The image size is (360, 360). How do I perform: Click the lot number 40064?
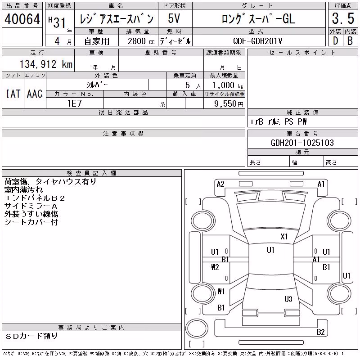(x=22, y=19)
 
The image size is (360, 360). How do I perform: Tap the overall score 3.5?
(x=343, y=18)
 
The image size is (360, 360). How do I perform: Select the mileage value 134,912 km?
(x=46, y=64)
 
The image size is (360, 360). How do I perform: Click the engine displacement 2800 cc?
(x=141, y=41)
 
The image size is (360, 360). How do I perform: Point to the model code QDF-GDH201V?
(x=257, y=41)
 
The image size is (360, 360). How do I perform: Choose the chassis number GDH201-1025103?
(x=302, y=143)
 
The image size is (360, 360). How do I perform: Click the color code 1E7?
(x=74, y=103)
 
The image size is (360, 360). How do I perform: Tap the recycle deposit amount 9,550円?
(x=229, y=103)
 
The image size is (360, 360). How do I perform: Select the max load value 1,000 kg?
(x=228, y=85)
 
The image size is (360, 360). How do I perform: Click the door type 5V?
(x=174, y=18)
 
